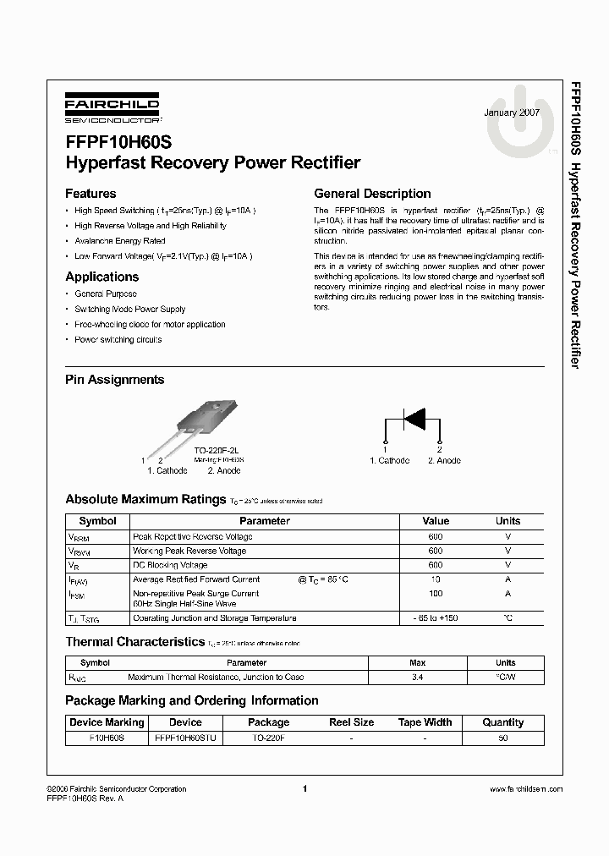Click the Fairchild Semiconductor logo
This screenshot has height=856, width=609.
(x=112, y=111)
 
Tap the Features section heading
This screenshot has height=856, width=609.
(x=91, y=193)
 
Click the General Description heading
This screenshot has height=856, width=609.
(x=372, y=193)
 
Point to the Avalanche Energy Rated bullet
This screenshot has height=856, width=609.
(x=119, y=240)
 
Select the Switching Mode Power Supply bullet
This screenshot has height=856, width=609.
(x=129, y=310)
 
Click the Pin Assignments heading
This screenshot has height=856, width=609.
(x=114, y=380)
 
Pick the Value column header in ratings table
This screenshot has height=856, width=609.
(x=436, y=521)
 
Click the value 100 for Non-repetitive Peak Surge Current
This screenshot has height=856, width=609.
(x=436, y=594)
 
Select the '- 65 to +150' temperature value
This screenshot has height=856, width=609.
(x=436, y=618)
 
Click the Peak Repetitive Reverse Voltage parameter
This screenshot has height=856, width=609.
(x=192, y=536)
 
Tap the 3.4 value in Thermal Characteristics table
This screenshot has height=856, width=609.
(x=418, y=677)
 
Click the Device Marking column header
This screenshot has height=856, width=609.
(x=107, y=722)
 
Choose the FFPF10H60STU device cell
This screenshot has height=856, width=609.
(x=185, y=738)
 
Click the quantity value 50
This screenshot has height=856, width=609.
(x=502, y=738)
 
